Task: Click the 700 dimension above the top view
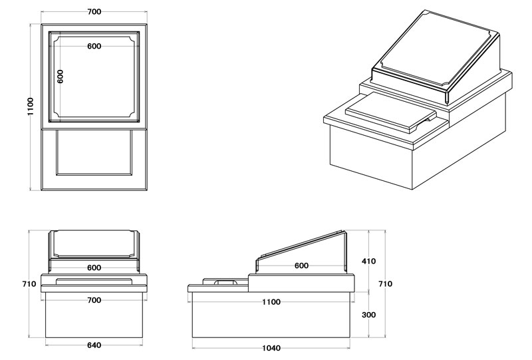coord(94,11)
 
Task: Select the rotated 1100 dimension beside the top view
coord(31,106)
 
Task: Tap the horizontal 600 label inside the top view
coord(94,46)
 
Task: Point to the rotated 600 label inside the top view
coord(60,77)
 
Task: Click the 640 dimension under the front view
coord(94,345)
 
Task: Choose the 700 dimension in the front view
coord(94,300)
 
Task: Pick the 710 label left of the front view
coord(29,283)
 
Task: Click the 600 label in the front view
coord(94,268)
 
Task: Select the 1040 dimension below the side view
coord(271,348)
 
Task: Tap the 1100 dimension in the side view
coord(271,302)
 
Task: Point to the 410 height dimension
coord(369,261)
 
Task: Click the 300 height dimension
coord(369,315)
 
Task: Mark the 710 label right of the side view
coord(386,283)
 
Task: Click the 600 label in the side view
coord(301,266)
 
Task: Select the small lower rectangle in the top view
coord(94,152)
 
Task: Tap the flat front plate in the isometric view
coord(390,112)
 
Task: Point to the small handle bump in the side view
coord(224,282)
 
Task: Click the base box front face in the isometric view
coord(371,156)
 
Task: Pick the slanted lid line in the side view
coord(301,244)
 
